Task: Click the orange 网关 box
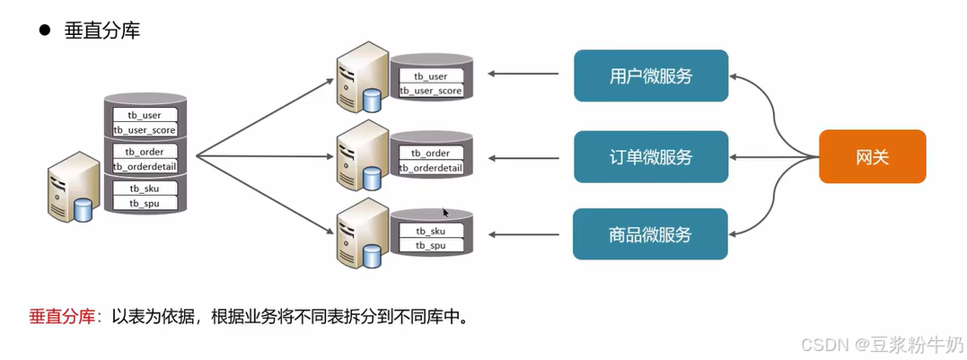tap(872, 156)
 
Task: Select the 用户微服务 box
tap(650, 75)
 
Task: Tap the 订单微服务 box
tap(650, 157)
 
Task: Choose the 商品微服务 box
tap(650, 234)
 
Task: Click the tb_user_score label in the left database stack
tap(145, 130)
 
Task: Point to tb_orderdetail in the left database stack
tap(145, 167)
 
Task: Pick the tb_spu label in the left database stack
tap(145, 204)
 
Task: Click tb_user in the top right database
tap(430, 76)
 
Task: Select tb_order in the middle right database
tap(431, 154)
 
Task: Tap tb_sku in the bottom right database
tap(431, 231)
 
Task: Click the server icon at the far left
tap(72, 187)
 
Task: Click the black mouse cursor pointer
tap(445, 213)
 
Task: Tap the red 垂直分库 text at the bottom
tap(62, 317)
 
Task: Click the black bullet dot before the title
tap(42, 31)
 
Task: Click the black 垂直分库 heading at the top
tap(101, 31)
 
